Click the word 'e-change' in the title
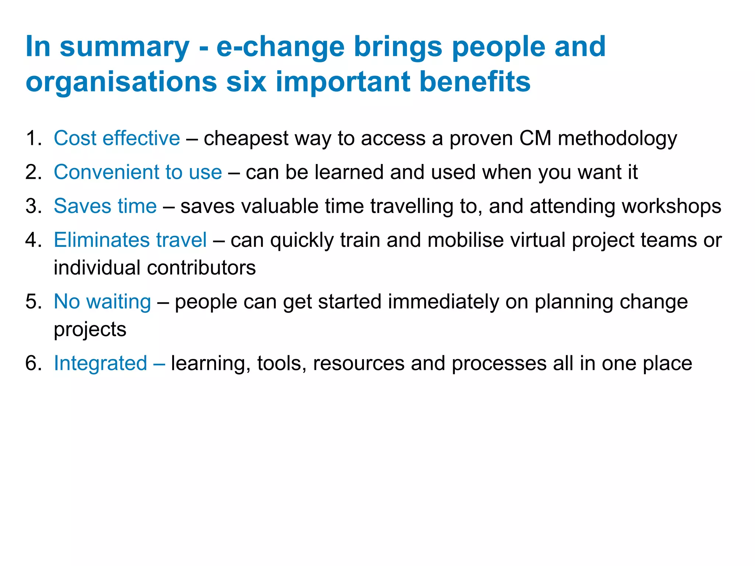[280, 47]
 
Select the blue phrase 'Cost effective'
[117, 139]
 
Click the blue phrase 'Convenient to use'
[138, 172]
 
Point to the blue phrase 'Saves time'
[105, 206]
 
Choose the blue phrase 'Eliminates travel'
[130, 240]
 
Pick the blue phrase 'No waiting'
[102, 302]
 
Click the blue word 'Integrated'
[101, 363]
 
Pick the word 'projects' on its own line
[90, 330]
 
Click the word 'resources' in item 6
[359, 363]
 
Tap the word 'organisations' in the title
[121, 82]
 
